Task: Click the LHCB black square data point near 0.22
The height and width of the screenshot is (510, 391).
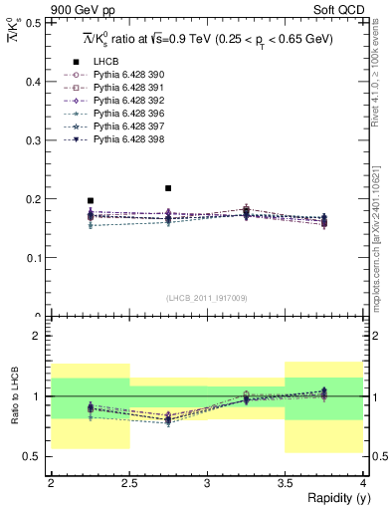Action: [168, 187]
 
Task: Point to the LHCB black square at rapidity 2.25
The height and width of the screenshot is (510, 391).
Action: [91, 200]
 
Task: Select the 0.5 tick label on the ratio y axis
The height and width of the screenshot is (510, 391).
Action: [35, 456]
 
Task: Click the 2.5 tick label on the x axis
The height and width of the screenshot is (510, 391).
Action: [128, 483]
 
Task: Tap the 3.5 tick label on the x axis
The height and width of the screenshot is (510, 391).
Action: [285, 483]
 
